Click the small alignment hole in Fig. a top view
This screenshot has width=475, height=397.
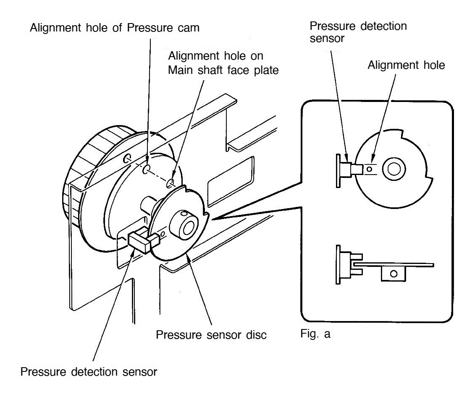pos(370,169)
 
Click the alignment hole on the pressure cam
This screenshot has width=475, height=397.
pos(145,170)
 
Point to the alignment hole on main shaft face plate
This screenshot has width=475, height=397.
pos(171,183)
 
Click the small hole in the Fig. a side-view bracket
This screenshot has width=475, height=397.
pos(393,274)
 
